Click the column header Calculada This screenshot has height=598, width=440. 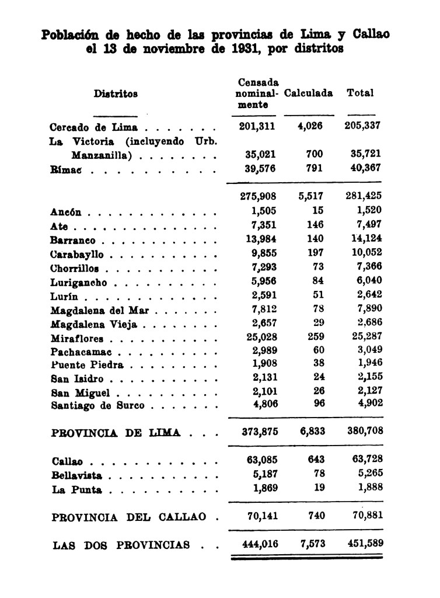(x=309, y=93)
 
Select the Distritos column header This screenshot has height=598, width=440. (x=116, y=93)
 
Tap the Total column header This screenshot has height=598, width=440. (x=360, y=93)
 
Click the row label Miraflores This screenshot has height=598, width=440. (x=77, y=339)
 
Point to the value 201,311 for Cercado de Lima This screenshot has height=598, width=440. (x=258, y=126)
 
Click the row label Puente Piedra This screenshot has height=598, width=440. (x=87, y=366)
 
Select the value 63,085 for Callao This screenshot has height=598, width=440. (x=260, y=461)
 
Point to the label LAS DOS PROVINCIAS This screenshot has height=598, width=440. (x=121, y=545)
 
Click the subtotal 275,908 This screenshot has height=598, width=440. (x=258, y=197)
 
